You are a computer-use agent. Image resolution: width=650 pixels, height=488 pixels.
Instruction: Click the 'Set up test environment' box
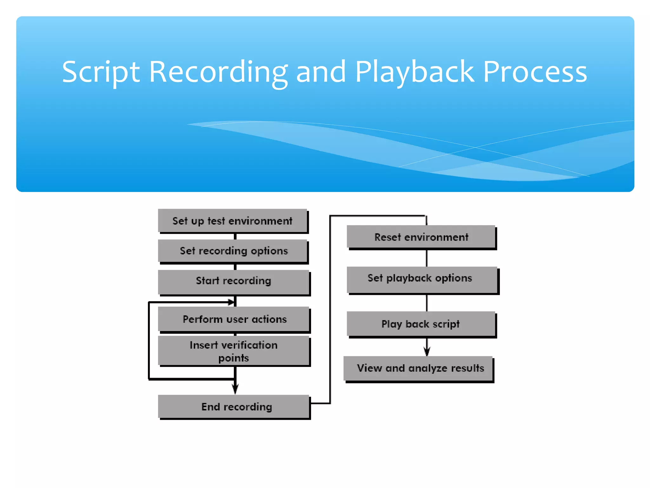(233, 220)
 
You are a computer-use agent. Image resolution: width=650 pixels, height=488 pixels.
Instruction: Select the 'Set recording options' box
(233, 251)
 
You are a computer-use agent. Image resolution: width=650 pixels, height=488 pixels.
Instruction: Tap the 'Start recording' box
(234, 281)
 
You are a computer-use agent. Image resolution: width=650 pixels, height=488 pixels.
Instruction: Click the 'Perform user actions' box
(234, 319)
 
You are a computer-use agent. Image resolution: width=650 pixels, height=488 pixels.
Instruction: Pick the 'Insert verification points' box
(234, 351)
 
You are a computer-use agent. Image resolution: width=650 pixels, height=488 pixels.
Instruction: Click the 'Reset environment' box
(421, 237)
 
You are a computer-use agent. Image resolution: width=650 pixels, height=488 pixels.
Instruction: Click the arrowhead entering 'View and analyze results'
(427, 351)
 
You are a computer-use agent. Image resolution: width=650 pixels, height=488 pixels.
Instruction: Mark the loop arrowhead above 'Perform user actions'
(231, 302)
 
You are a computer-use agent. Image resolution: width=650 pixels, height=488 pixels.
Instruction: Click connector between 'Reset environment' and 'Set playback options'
(427, 258)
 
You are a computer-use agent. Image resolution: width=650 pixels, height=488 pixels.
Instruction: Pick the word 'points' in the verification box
(234, 358)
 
